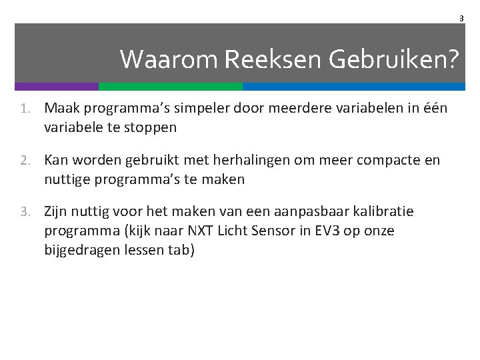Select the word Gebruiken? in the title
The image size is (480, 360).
click(393, 60)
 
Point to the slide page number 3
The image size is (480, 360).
click(461, 19)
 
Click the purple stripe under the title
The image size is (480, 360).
click(57, 87)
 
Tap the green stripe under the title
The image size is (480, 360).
click(171, 87)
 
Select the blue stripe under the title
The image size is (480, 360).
click(353, 87)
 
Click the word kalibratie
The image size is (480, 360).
click(380, 212)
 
